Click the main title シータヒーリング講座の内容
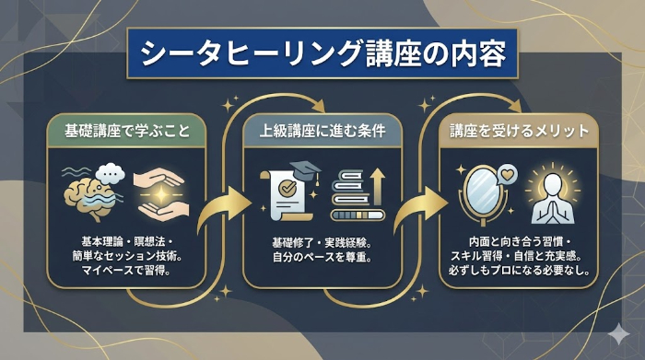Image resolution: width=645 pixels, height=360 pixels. [322, 53]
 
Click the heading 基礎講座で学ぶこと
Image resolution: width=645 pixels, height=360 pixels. [126, 131]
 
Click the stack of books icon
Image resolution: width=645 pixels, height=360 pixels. [353, 197]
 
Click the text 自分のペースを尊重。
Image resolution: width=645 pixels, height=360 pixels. [322, 256]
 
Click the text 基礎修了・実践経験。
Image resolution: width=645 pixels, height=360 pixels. [322, 240]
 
